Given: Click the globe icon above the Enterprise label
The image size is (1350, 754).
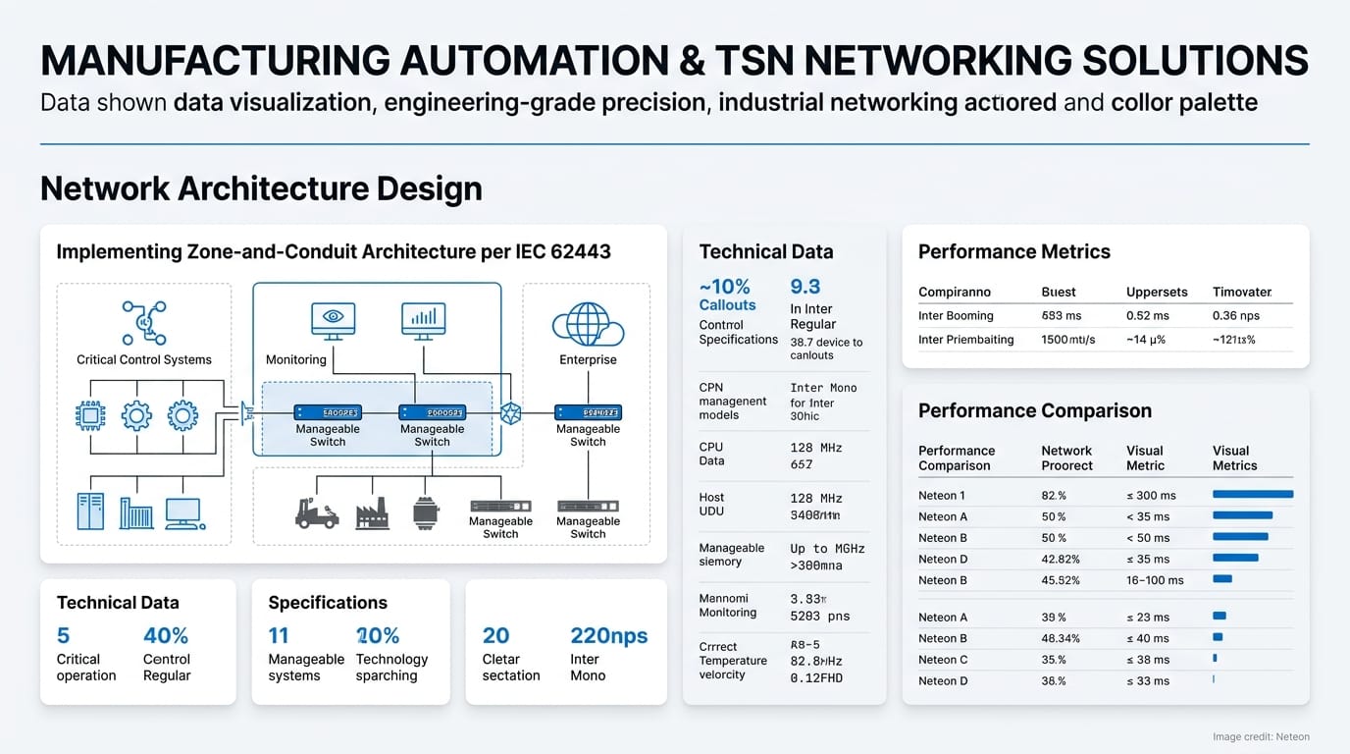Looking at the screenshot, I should tap(587, 324).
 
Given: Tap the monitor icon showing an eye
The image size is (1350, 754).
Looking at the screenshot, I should tap(333, 319).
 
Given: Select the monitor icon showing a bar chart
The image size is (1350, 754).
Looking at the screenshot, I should tap(424, 319).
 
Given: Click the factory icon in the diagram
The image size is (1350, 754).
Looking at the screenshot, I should tap(372, 512).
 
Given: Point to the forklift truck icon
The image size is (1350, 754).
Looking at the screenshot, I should tap(316, 512).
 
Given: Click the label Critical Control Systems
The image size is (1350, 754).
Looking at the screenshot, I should tap(144, 359).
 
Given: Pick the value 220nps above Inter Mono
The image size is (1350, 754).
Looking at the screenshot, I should tap(608, 635).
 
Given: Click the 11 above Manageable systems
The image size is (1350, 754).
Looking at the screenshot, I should tap(279, 635).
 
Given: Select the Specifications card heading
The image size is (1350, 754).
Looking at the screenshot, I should tap(328, 602).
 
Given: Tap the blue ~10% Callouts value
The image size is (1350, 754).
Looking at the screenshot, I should tap(725, 287).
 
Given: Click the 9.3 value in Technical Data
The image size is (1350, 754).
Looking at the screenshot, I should tap(805, 287).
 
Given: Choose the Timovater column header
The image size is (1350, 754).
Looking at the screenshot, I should tap(1242, 292).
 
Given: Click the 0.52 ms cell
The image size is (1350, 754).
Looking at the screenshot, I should tap(1147, 315).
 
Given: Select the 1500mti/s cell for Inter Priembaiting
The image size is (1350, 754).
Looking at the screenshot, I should tap(1068, 340).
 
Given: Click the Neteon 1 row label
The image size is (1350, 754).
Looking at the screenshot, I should tap(942, 495).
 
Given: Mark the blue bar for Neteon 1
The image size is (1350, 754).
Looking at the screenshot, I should tap(1253, 495).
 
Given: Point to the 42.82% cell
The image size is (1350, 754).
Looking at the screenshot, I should tap(1061, 559).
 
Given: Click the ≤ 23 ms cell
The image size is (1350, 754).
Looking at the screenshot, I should tap(1148, 617).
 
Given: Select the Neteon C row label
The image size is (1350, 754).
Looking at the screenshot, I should tap(943, 660).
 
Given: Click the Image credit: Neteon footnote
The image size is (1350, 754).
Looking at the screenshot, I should tap(1260, 736).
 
